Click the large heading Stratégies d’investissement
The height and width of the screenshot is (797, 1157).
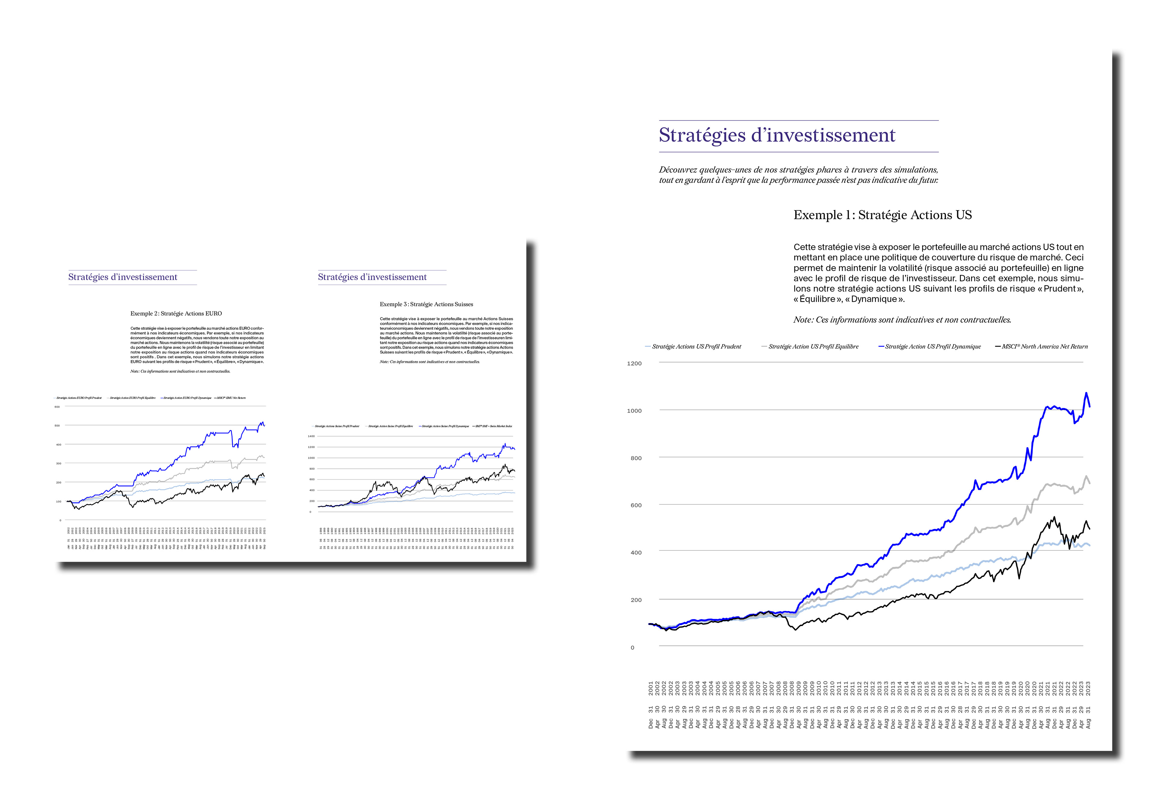(777, 135)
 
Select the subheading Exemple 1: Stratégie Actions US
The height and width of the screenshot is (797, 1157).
(882, 215)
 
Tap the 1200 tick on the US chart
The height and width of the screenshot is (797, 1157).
(634, 363)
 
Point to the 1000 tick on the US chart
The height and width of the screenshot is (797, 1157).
(634, 411)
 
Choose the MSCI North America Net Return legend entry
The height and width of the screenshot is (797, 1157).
(1044, 347)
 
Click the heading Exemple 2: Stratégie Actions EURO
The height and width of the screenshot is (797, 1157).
(176, 314)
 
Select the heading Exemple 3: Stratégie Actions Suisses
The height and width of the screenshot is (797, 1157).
(426, 304)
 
